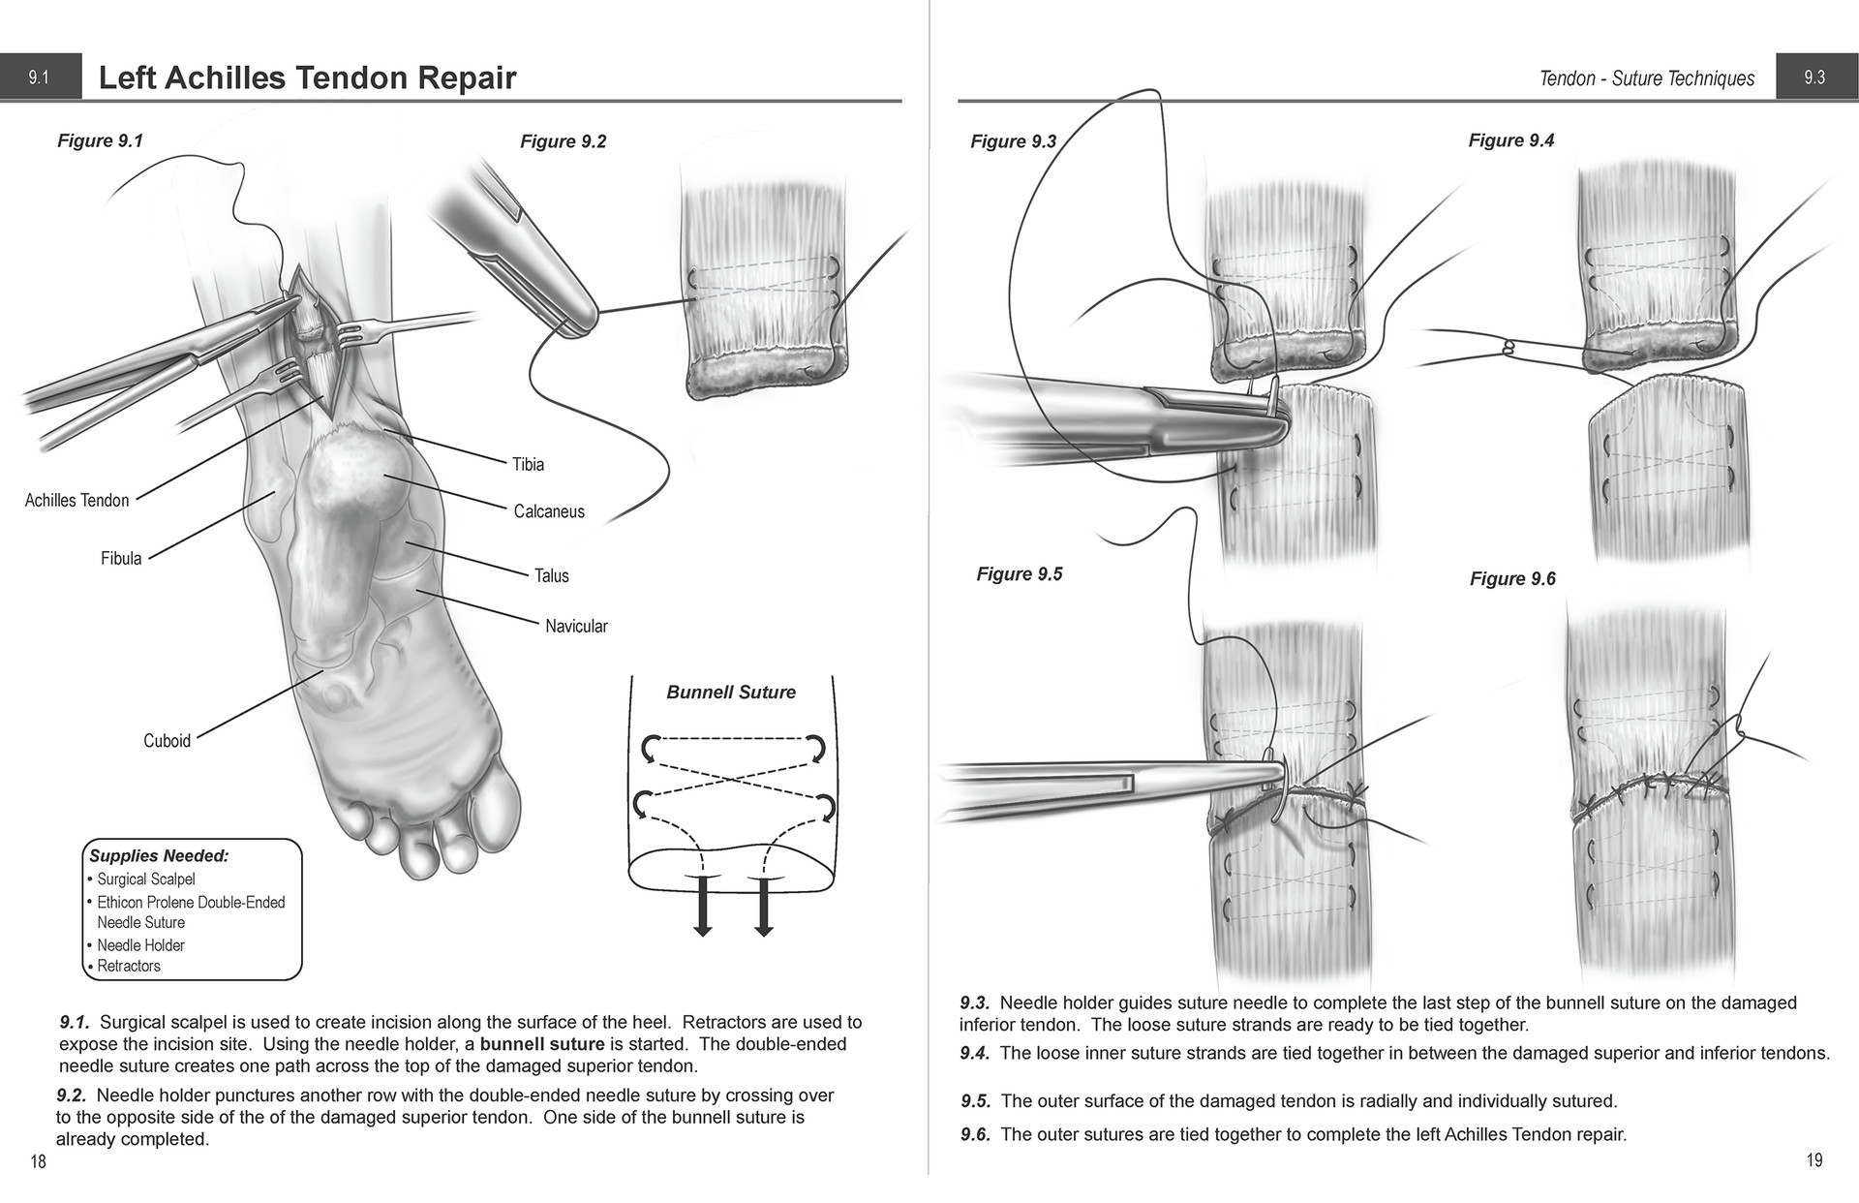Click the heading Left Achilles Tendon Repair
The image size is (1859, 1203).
coord(307,77)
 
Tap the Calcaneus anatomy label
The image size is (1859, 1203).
coord(549,511)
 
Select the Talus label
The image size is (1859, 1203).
coord(552,575)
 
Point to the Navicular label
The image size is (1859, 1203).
coord(576,626)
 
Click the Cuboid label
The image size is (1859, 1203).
coord(167,741)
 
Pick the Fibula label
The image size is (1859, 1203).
coord(121,558)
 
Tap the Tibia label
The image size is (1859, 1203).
coord(529,464)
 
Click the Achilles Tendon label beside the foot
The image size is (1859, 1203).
coord(76,500)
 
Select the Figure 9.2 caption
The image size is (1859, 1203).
coord(563,141)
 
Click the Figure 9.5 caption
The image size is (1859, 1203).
coord(1019,574)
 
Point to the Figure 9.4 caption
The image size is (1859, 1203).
coord(1510,140)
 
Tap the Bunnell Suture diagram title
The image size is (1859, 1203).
coord(731,693)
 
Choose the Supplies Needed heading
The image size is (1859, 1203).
coord(159,856)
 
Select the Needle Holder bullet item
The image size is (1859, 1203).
coord(140,945)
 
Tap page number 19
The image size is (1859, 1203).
coord(1813,1160)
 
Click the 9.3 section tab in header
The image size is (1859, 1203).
coord(1814,77)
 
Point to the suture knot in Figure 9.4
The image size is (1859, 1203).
coord(1507,346)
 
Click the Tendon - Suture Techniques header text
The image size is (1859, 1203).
coord(1646,78)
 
